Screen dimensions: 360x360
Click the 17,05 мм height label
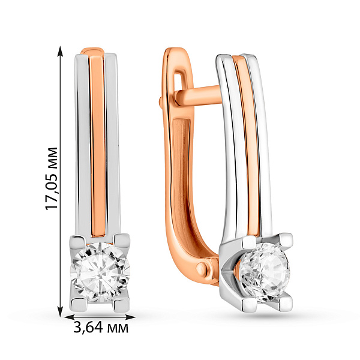(x=52, y=178)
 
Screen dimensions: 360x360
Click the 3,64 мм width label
(x=101, y=328)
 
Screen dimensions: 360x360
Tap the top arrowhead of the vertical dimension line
(x=61, y=51)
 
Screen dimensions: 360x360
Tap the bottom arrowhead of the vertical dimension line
(x=61, y=311)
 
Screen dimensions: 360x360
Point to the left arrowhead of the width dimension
(x=69, y=317)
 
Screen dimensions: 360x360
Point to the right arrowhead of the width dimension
(x=130, y=317)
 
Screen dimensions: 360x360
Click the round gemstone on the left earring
(x=100, y=272)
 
